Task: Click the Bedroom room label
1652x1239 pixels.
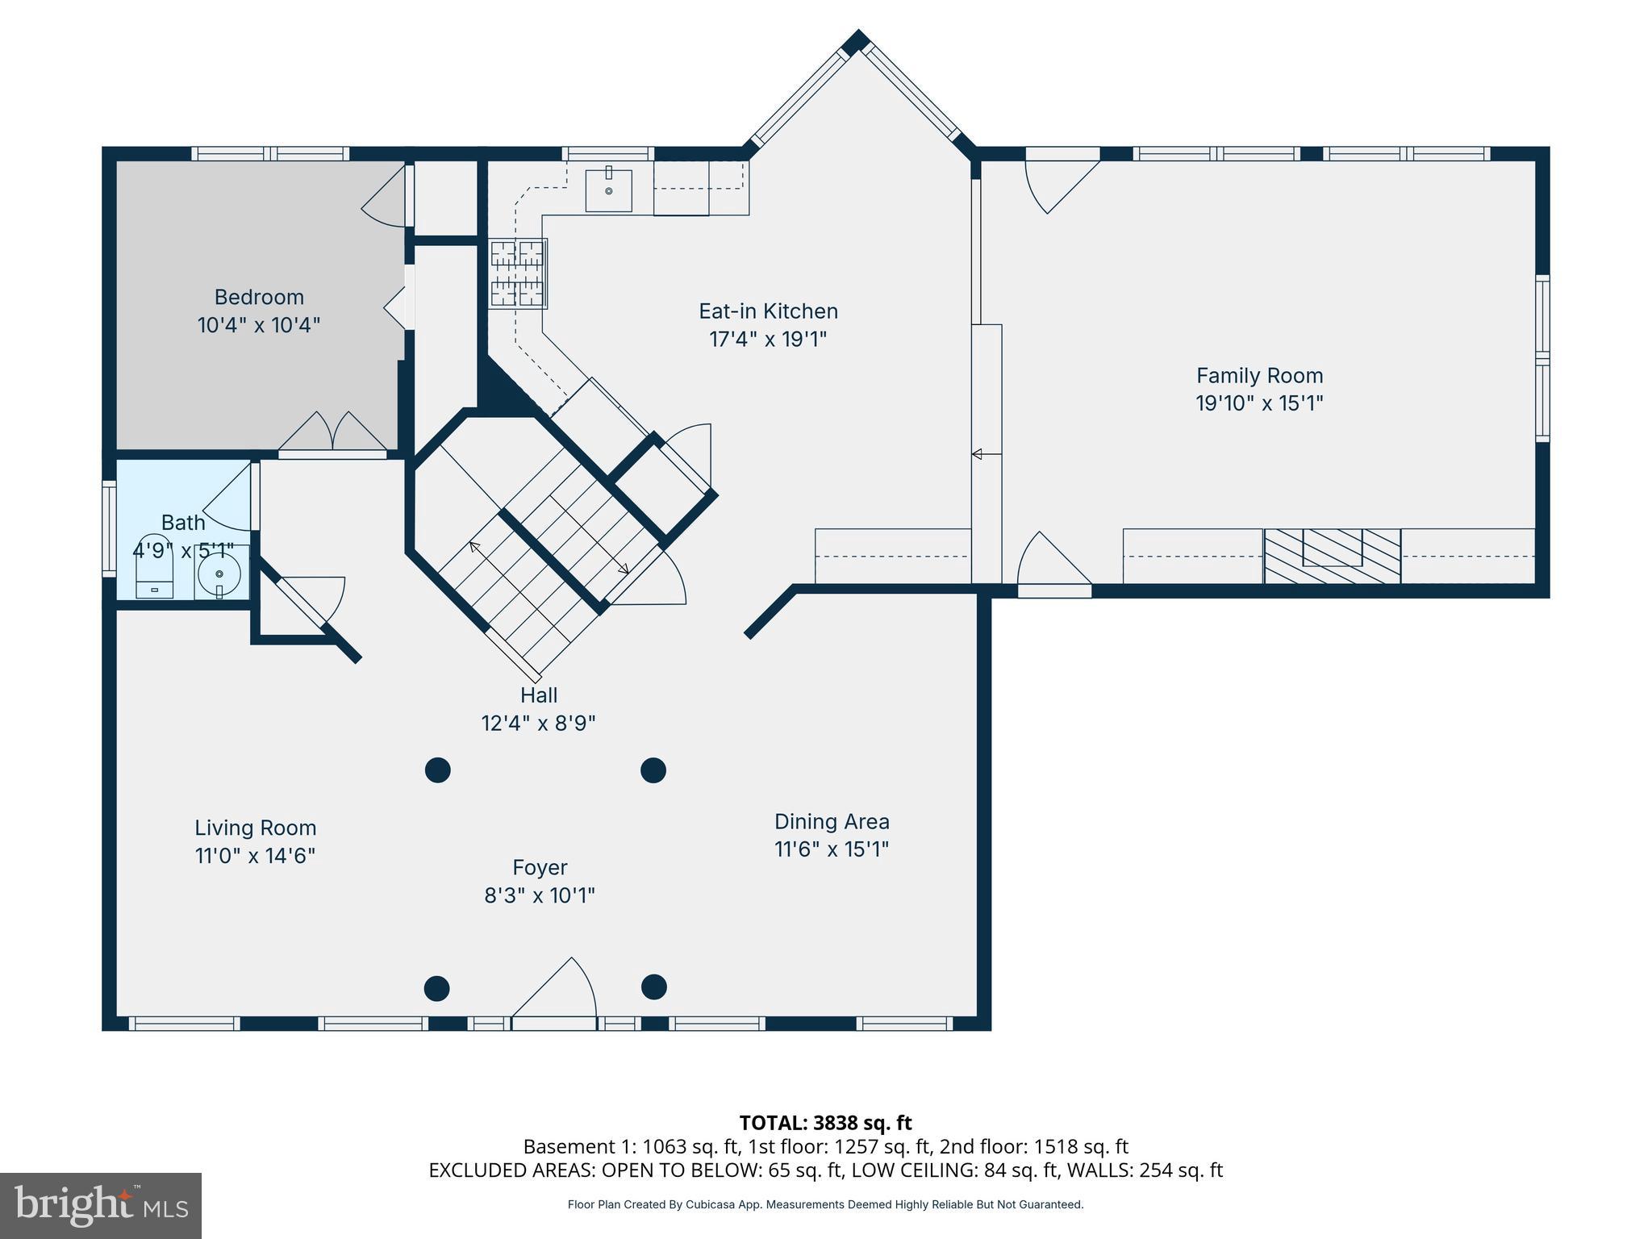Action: click(x=259, y=297)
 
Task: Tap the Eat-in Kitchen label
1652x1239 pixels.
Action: click(x=768, y=311)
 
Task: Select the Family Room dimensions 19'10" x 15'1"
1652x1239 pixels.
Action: click(x=1259, y=403)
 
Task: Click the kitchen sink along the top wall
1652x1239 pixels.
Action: click(x=608, y=190)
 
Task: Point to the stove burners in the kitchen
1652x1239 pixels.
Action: click(x=517, y=274)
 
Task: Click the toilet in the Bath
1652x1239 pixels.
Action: click(x=155, y=566)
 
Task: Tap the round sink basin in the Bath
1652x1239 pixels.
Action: click(x=219, y=573)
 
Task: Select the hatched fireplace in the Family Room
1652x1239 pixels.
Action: click(x=1332, y=555)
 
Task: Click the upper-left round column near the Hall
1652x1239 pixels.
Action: click(x=437, y=770)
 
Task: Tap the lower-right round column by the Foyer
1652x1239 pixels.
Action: click(x=653, y=987)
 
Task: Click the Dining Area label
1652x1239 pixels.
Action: click(x=832, y=821)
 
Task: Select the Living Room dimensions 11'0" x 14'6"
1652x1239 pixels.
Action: click(x=255, y=855)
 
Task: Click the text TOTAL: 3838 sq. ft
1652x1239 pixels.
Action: click(x=825, y=1122)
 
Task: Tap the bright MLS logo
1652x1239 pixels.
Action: click(x=100, y=1205)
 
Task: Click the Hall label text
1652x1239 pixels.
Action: click(x=539, y=695)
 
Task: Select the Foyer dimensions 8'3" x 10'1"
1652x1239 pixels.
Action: click(x=540, y=895)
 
